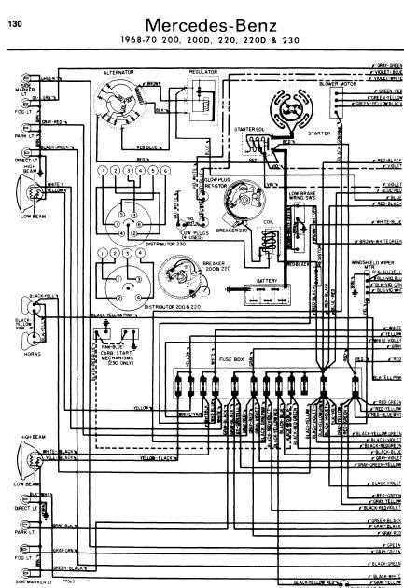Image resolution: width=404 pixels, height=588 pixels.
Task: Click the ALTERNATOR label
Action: [119, 72]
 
